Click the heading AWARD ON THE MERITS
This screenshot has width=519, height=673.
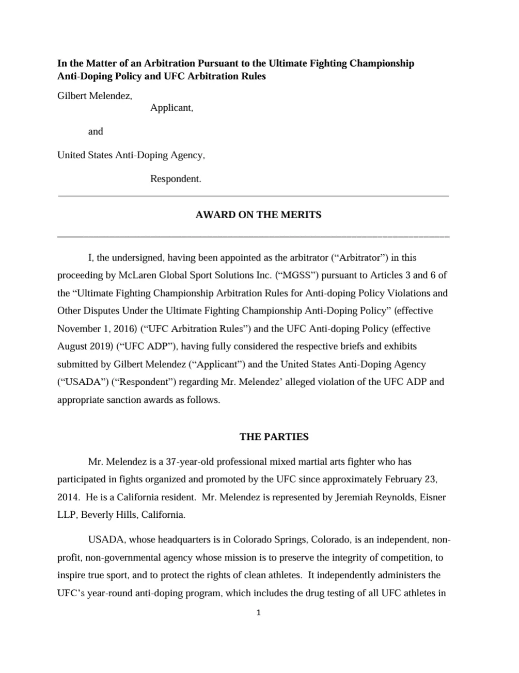click(x=258, y=215)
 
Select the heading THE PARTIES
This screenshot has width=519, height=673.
click(x=274, y=437)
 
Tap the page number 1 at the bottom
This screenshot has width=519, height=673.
click(x=259, y=613)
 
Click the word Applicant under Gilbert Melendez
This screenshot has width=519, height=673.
click(x=171, y=108)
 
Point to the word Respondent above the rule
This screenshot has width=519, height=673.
click(x=175, y=179)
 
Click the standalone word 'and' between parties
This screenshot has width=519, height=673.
click(x=96, y=131)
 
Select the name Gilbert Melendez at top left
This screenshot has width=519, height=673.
click(x=95, y=95)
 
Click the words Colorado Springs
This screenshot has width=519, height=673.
click(x=267, y=540)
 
